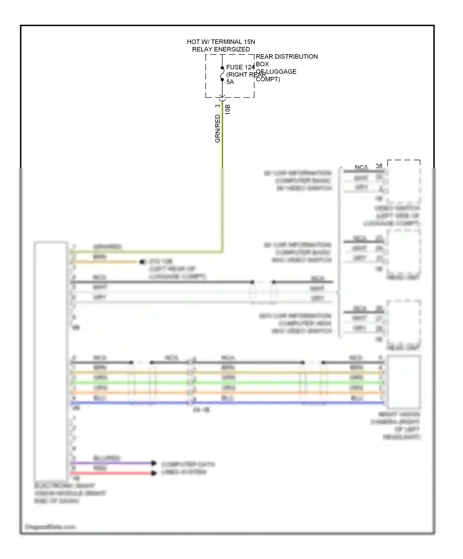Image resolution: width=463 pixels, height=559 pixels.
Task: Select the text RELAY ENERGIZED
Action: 221,49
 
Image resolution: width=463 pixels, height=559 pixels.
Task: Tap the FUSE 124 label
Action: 240,67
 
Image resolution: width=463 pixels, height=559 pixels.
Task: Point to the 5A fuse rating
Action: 230,82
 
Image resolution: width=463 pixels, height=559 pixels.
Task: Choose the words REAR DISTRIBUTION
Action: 287,57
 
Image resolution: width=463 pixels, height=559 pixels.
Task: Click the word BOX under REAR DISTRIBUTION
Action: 262,64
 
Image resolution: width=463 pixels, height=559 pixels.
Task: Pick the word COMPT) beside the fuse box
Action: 268,79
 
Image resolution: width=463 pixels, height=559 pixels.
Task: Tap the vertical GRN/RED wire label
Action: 218,129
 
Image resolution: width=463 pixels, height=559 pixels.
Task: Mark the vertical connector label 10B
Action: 228,110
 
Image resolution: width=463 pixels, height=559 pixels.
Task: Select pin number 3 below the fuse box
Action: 218,106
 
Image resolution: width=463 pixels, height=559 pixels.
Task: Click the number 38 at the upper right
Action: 379,166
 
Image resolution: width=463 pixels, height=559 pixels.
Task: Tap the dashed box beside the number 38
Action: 404,182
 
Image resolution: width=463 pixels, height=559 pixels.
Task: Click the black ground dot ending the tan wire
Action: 142,262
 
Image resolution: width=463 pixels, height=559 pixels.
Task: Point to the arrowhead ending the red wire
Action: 153,473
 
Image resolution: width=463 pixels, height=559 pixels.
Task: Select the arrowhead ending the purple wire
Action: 153,463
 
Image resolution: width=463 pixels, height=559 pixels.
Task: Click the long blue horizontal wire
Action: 278,403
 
